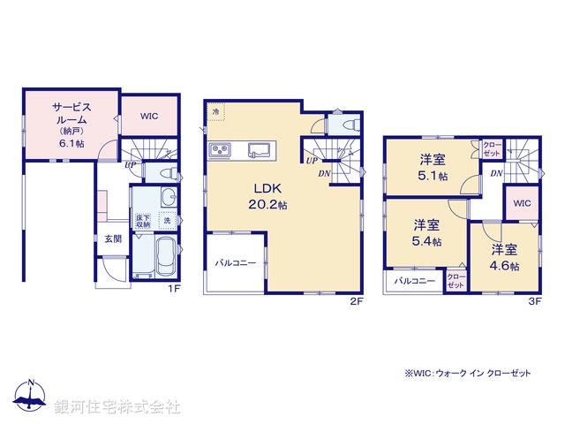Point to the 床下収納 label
coord(141,221)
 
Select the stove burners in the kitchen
coord(219,148)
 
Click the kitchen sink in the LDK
coord(260,148)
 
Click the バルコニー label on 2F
coord(236,262)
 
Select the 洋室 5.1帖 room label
coord(433,167)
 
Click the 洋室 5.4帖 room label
coord(427,231)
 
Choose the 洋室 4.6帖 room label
coord(504,256)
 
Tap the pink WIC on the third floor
coord(521,203)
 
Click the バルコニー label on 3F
coord(413,281)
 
